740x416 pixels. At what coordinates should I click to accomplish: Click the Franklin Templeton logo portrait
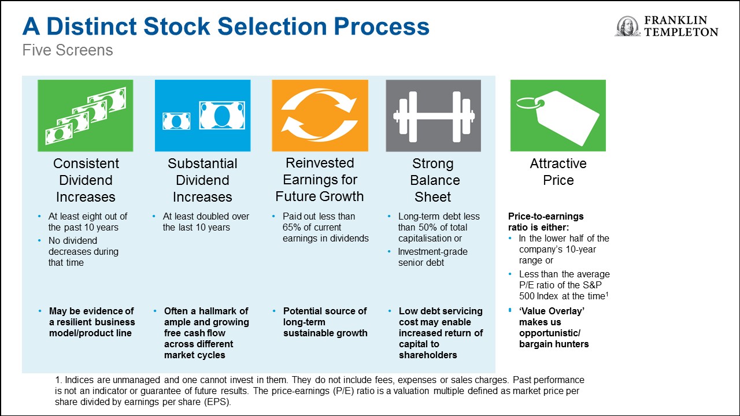(x=627, y=27)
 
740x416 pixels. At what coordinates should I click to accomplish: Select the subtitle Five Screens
(x=68, y=51)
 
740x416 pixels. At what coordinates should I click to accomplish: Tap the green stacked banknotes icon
(x=86, y=116)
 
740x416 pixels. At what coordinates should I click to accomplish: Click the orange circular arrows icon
(x=320, y=116)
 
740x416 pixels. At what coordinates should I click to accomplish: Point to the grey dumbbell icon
(x=433, y=116)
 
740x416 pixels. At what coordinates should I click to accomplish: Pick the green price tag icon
(x=558, y=116)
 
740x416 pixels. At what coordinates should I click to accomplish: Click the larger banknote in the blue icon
(x=221, y=115)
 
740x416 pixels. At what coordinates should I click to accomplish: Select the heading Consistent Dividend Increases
(x=86, y=180)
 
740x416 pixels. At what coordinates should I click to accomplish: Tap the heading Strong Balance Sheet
(x=433, y=180)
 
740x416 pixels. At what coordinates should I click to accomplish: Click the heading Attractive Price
(x=558, y=172)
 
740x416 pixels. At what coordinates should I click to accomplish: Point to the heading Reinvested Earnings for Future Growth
(x=320, y=180)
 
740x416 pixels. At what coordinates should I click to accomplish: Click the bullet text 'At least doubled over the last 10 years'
(x=206, y=222)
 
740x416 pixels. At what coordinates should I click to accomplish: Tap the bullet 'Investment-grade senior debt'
(x=432, y=257)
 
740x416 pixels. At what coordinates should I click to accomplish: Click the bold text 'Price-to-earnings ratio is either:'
(x=546, y=222)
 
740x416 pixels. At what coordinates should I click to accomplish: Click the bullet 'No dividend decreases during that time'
(x=83, y=251)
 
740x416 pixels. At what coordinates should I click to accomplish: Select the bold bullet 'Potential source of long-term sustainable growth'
(x=325, y=322)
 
